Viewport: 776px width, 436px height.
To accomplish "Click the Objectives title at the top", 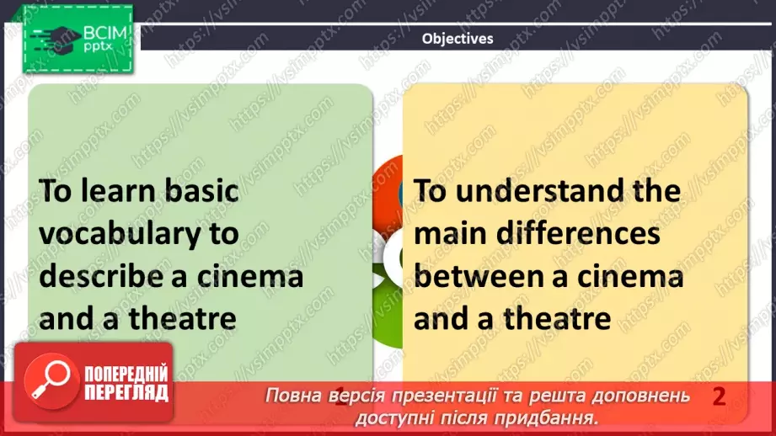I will pyautogui.click(x=458, y=38).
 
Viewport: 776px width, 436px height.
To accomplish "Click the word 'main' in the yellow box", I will pyautogui.click(x=452, y=233).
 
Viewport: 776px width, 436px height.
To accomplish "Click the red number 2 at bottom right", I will pyautogui.click(x=719, y=397).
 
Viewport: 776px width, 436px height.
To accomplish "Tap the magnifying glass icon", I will pyautogui.click(x=47, y=380).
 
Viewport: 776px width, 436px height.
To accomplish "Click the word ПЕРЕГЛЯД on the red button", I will pyautogui.click(x=125, y=392).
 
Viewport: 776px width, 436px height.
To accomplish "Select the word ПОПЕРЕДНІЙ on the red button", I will pyautogui.click(x=125, y=375).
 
